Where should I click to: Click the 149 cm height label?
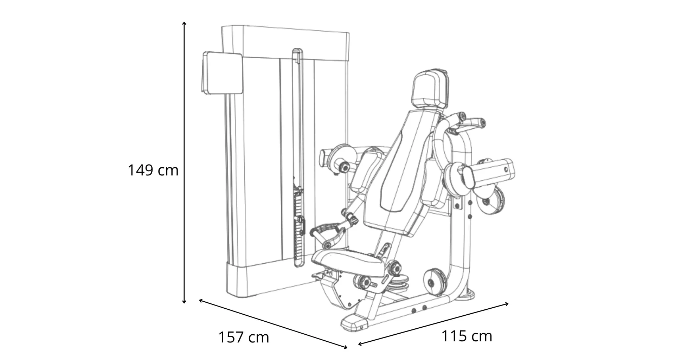(153, 171)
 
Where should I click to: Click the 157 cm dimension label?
(244, 337)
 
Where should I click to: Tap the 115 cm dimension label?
(467, 336)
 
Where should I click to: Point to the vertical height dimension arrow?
(184, 162)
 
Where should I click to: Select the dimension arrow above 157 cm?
(273, 324)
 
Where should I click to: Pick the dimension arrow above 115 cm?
(433, 324)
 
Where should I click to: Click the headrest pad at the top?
(430, 89)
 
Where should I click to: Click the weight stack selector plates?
(299, 229)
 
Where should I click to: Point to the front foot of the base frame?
(353, 322)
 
